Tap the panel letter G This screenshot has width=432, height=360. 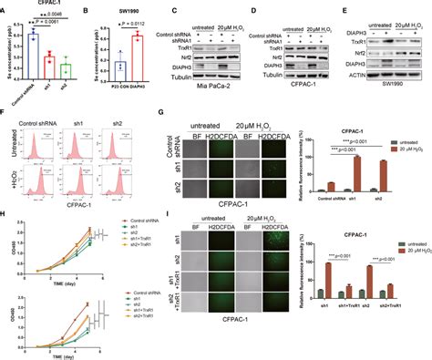pyautogui.click(x=161, y=115)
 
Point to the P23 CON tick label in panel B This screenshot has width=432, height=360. pyautogui.click(x=115, y=87)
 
